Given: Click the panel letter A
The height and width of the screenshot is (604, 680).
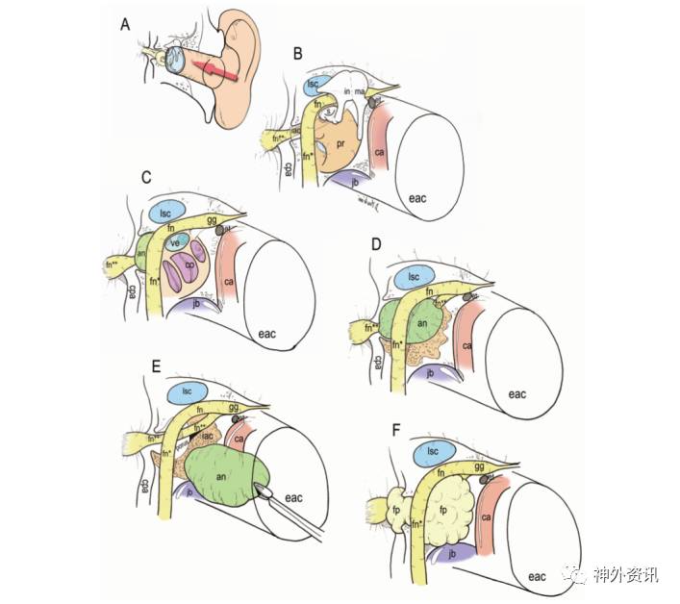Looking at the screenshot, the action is [x=125, y=25].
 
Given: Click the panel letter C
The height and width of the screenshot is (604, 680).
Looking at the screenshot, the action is [x=147, y=178].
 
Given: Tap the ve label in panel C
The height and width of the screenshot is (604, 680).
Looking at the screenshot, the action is [x=175, y=243].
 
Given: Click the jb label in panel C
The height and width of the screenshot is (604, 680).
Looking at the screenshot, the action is [x=196, y=304].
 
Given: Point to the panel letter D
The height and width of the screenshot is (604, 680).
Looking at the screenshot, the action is [x=377, y=245].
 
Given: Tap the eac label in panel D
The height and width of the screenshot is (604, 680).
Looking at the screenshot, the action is [x=518, y=393].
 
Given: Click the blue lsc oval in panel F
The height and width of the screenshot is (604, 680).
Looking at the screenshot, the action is [x=434, y=451].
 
